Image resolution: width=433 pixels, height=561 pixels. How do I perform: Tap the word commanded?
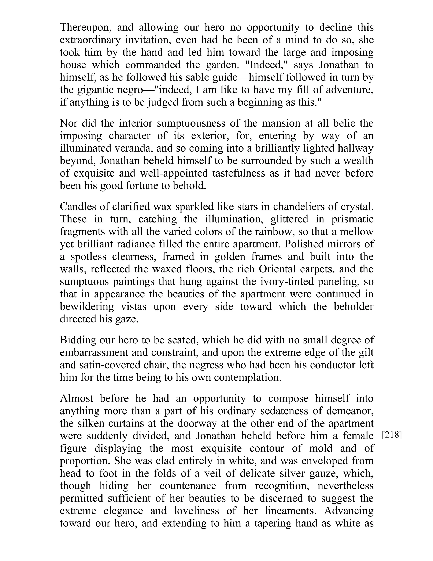coord(153,65)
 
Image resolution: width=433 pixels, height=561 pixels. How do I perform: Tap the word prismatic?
coord(352,219)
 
